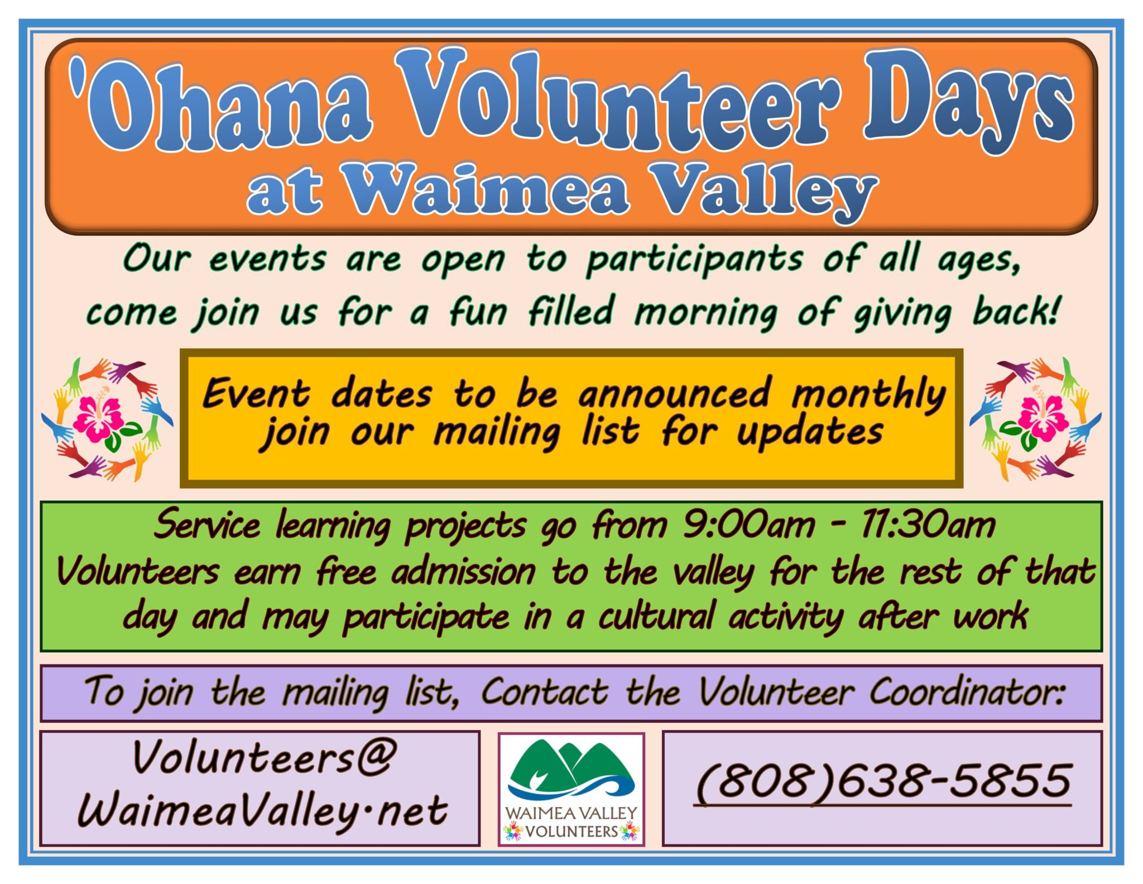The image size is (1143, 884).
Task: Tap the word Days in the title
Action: point(968,101)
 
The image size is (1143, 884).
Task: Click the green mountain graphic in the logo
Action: point(569,765)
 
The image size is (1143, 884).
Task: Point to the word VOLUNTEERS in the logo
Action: point(571,832)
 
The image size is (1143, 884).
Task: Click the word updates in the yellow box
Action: point(810,433)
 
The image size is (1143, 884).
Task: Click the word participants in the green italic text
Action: point(694,260)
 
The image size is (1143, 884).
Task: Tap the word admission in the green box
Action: point(463,572)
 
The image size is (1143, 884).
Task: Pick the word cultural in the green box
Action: point(656,617)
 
